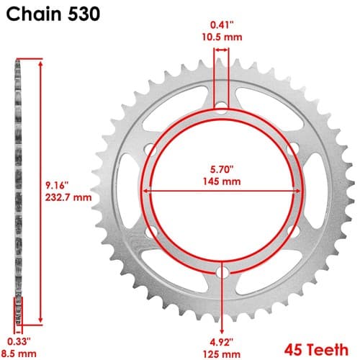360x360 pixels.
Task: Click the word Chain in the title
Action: [x=34, y=14]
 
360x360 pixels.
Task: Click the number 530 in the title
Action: [x=84, y=14]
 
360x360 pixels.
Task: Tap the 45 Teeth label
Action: [x=316, y=350]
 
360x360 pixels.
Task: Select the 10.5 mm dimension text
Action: [x=222, y=37]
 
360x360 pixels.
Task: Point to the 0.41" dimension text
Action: [x=222, y=25]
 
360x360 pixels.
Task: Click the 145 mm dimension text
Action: [x=222, y=181]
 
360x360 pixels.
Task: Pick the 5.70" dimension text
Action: [x=222, y=169]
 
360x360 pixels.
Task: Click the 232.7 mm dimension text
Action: [x=68, y=197]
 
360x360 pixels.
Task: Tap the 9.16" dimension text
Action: [x=57, y=185]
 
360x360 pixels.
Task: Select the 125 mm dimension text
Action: [x=222, y=354]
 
